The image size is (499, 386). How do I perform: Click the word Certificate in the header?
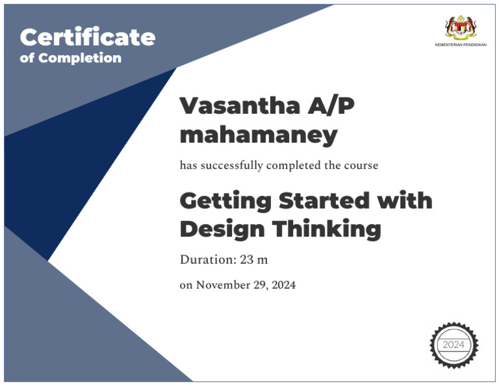88,37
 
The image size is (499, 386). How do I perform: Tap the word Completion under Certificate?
80,58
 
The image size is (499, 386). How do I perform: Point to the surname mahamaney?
258,135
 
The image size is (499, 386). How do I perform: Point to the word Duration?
208,260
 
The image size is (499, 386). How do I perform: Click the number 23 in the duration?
246,260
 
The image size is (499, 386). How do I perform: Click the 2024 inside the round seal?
454,344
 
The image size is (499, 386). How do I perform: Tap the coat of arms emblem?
460,27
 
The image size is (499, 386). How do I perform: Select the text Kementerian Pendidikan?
460,45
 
